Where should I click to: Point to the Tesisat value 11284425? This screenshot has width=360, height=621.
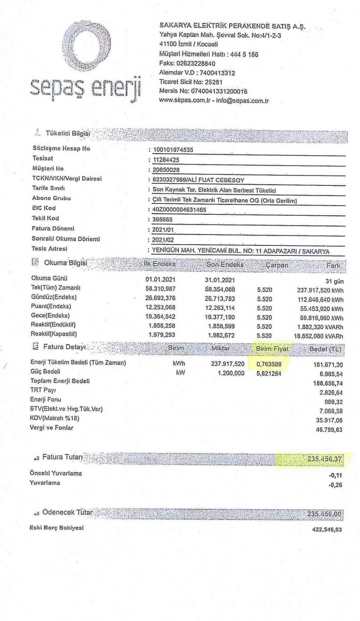[166, 159]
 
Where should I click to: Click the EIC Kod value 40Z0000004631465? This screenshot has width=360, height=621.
[176, 209]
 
